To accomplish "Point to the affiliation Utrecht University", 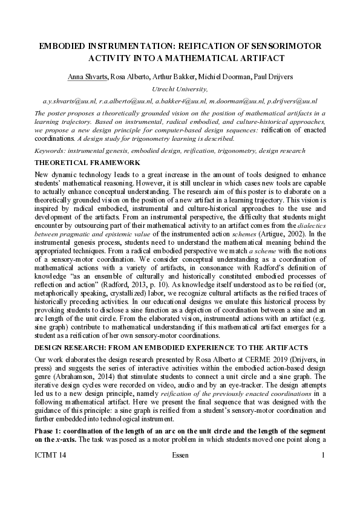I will (x=181, y=89).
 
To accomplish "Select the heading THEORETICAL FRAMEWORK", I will (x=87, y=163).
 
